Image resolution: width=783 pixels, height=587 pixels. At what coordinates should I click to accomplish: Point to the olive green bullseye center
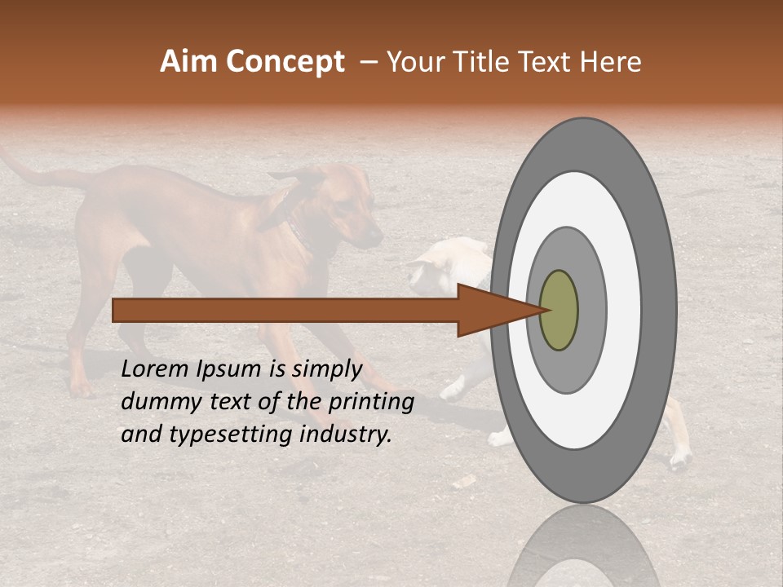coord(560,311)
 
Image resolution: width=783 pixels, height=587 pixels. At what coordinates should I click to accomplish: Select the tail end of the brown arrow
coord(115,311)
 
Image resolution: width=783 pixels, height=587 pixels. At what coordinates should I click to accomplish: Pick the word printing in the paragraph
coord(370,402)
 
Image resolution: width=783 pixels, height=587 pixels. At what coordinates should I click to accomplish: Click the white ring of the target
coord(624,311)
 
